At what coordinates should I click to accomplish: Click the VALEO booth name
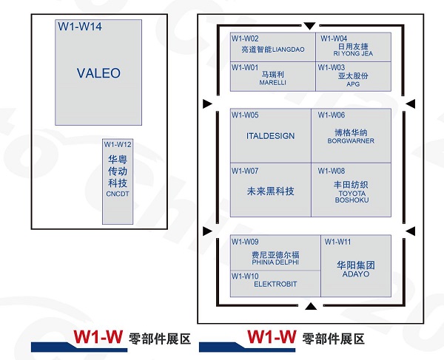98,73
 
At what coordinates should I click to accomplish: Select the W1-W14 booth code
80,27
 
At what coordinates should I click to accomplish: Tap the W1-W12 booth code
118,144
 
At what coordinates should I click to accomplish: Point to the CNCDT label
118,193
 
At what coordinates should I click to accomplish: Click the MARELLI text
272,83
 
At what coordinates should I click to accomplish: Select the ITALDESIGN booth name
270,136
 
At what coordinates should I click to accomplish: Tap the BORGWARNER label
350,141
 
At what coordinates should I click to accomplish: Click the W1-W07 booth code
245,171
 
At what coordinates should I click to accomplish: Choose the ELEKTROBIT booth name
275,283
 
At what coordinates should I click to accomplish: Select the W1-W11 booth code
337,242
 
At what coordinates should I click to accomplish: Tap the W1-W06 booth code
332,115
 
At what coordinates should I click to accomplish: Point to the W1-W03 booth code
332,67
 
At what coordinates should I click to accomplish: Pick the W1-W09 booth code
245,242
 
